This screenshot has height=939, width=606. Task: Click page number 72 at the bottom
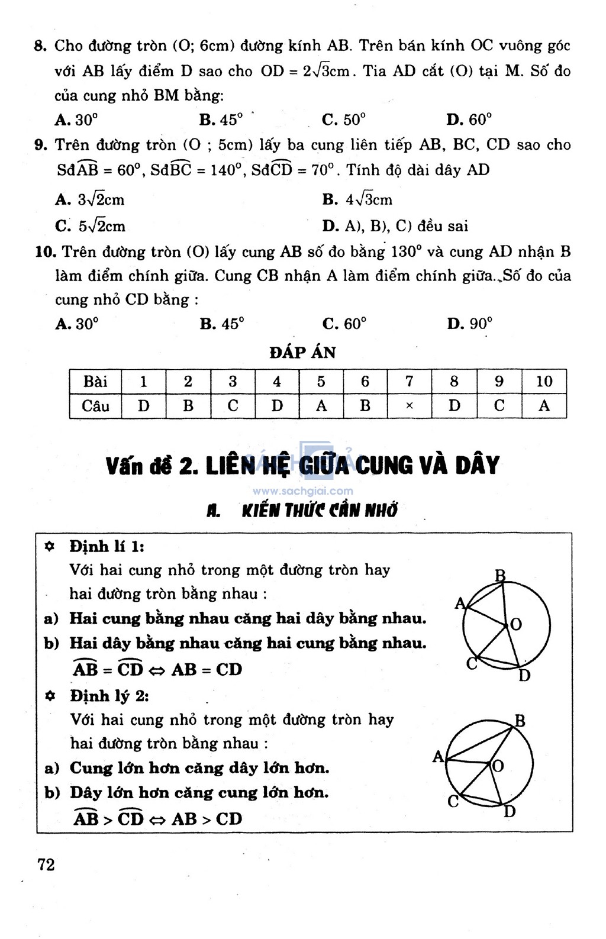46,864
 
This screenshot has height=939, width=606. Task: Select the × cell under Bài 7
410,406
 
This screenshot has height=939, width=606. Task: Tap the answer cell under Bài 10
544,406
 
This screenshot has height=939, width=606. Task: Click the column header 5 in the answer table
321,382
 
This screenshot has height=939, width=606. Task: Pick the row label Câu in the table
95,406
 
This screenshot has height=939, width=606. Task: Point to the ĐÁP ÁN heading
302,353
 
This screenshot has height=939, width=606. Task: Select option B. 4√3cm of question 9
357,199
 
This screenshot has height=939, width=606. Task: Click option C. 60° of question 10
344,324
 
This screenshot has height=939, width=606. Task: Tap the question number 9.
40,146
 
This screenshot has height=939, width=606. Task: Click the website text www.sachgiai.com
302,491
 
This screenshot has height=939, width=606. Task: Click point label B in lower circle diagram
520,721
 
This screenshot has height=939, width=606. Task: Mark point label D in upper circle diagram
524,675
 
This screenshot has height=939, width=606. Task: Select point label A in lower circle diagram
438,756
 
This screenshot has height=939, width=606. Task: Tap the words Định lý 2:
109,695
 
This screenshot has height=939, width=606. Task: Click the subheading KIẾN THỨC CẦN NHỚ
319,511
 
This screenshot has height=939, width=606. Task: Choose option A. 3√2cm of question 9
90,199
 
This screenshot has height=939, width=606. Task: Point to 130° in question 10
406,252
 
